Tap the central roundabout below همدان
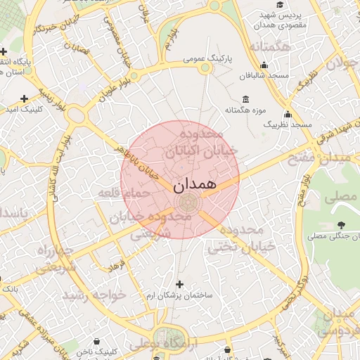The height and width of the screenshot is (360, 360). click(x=187, y=203)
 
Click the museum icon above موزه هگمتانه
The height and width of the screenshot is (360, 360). click(x=245, y=99)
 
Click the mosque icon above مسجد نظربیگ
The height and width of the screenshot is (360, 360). click(x=287, y=115)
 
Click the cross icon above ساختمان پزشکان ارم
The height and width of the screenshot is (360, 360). click(x=180, y=285)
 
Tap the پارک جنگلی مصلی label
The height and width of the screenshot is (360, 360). click(x=333, y=236)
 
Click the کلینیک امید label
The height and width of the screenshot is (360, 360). click(x=25, y=110)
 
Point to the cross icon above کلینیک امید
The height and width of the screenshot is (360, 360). click(x=25, y=98)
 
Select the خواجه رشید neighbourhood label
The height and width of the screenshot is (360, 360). click(x=94, y=295)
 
